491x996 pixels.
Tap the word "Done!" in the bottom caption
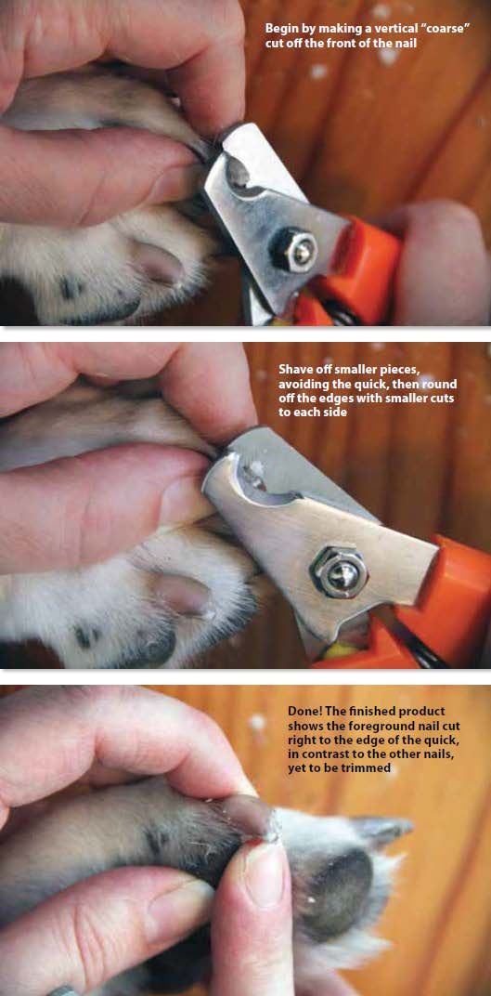point(304,710)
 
